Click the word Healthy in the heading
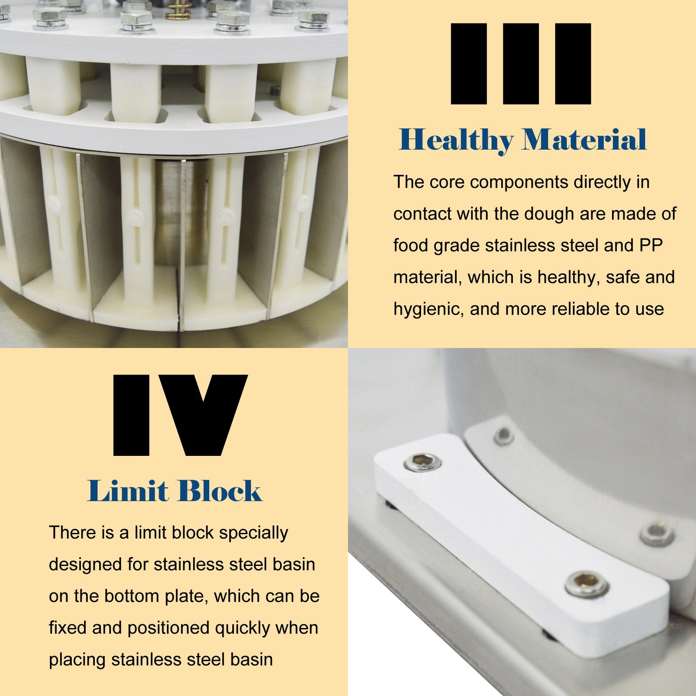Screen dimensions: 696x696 click(456, 141)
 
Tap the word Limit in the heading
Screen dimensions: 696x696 click(127, 491)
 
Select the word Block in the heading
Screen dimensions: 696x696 click(220, 491)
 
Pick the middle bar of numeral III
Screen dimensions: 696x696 click(521, 64)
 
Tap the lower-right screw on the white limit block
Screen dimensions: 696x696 click(586, 584)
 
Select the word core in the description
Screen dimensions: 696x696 click(447, 182)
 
